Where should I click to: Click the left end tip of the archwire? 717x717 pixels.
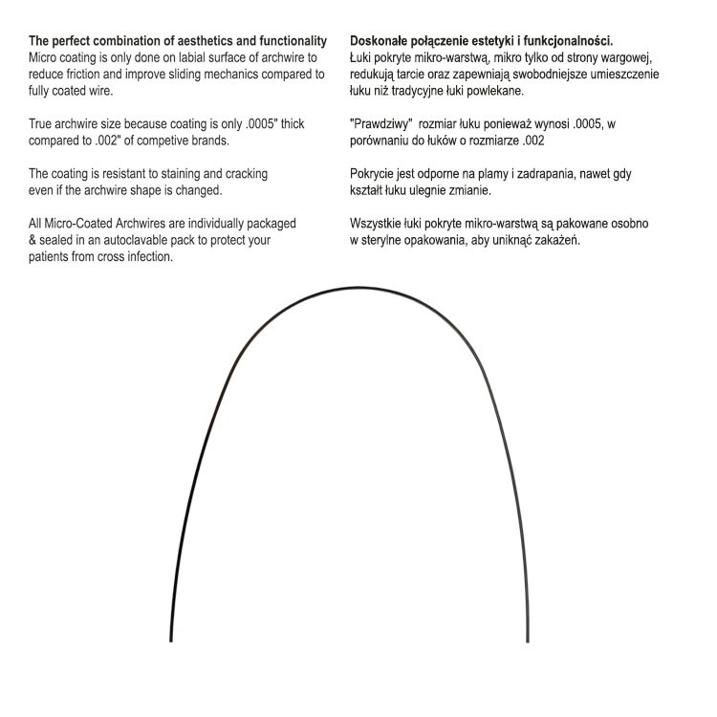click(x=171, y=641)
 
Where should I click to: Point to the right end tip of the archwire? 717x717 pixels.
click(x=528, y=641)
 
